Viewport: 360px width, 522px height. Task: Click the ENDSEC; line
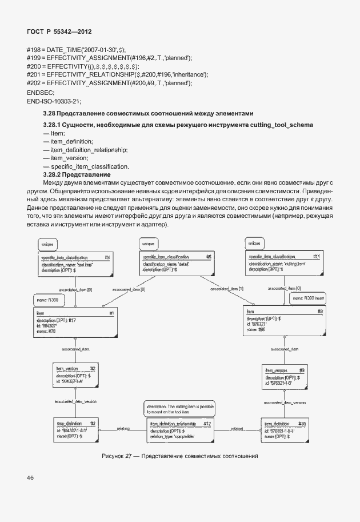[x=41, y=92]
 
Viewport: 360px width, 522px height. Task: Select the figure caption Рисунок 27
[x=180, y=456]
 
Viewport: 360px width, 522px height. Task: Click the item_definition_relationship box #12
[x=180, y=430]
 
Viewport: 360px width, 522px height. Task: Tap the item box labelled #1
[x=75, y=322]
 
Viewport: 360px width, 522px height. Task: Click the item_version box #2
[x=75, y=375]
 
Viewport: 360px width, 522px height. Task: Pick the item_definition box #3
[x=75, y=429]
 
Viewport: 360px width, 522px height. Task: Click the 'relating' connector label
[x=123, y=428]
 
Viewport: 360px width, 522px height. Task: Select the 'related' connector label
[x=238, y=428]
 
